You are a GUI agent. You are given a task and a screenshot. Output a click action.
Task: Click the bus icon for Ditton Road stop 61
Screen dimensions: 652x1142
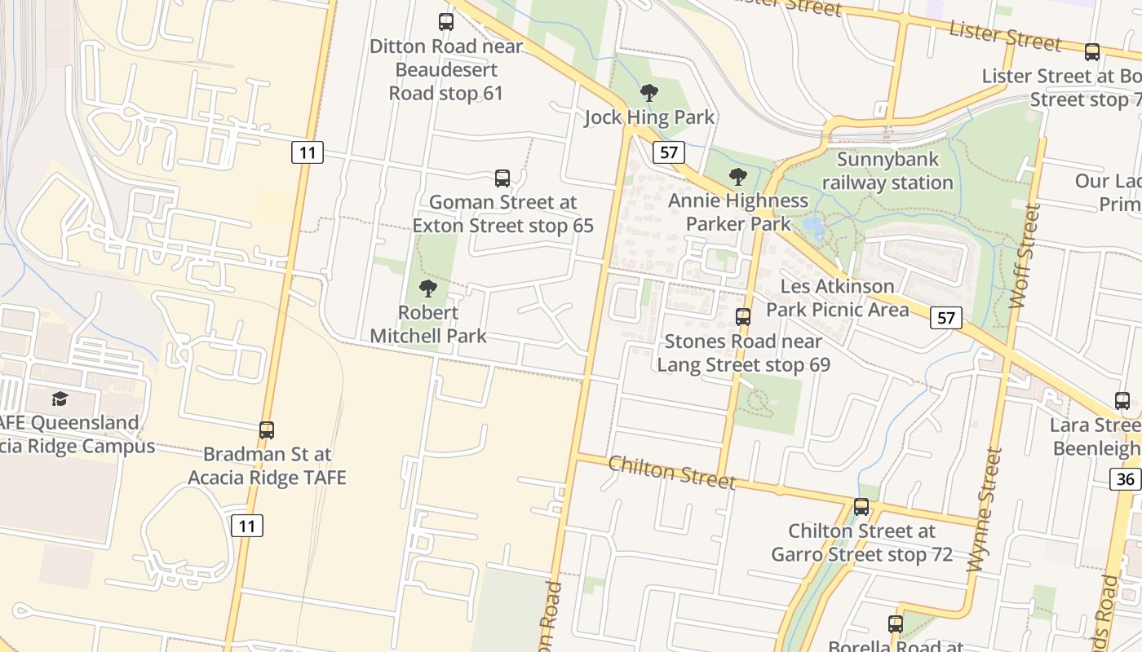[445, 22]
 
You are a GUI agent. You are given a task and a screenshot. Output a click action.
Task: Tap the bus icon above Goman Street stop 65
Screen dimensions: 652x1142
[502, 178]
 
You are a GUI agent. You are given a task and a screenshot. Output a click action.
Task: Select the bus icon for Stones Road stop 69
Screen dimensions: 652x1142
[743, 317]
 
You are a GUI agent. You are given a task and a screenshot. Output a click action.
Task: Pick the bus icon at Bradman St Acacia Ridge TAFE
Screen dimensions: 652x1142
[267, 430]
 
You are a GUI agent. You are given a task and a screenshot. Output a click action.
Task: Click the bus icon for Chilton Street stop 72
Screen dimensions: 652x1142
[861, 507]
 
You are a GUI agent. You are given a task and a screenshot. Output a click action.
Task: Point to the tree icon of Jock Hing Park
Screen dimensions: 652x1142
[649, 93]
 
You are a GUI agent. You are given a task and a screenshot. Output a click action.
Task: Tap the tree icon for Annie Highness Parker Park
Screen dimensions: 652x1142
[737, 177]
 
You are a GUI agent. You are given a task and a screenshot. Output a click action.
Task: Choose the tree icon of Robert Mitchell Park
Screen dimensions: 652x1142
[427, 289]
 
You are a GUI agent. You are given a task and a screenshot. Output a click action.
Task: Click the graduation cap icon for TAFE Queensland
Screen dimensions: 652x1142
[60, 399]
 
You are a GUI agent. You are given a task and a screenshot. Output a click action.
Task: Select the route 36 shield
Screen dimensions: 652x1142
[1125, 478]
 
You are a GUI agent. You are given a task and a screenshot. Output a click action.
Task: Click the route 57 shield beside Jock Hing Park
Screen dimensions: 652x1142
[668, 152]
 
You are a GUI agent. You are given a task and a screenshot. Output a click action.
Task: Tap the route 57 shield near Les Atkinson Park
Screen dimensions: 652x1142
[946, 318]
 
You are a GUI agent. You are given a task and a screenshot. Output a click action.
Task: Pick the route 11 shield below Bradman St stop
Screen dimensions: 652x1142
[247, 526]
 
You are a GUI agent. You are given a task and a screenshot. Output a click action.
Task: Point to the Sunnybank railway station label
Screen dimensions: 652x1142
[887, 171]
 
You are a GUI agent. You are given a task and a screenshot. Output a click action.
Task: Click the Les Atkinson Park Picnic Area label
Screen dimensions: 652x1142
[837, 298]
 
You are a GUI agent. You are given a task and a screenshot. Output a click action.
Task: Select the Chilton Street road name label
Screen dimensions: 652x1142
[672, 473]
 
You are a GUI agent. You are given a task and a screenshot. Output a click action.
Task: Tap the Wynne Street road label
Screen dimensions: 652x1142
[983, 509]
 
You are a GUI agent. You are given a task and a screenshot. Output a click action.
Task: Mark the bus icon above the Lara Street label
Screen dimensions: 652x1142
[1122, 401]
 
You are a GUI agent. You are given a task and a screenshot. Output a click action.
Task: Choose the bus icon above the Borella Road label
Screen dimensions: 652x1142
[896, 624]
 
